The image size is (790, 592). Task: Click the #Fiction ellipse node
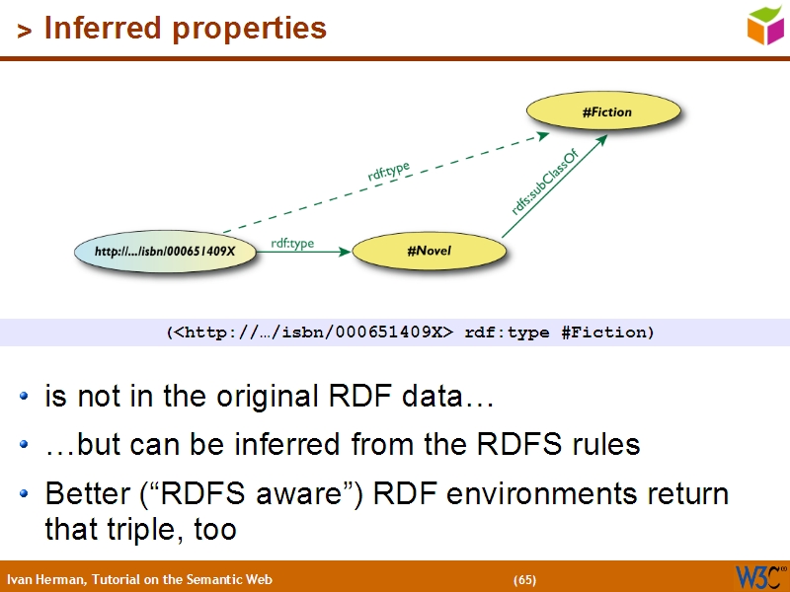tap(606, 112)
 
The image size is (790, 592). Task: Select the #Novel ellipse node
tap(429, 252)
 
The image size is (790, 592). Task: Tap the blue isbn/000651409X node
tap(165, 252)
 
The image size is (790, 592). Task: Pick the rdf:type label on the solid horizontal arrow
tap(292, 243)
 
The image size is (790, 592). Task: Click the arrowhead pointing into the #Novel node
tap(346, 252)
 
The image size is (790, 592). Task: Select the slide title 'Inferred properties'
tap(186, 29)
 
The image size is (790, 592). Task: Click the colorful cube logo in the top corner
tap(764, 25)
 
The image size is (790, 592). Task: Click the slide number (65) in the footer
tap(524, 579)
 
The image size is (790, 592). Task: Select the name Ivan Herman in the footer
tap(45, 579)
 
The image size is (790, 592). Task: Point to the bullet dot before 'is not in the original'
tap(25, 399)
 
